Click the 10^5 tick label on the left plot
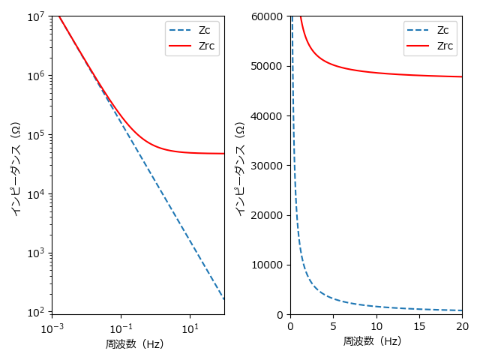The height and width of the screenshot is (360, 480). pyautogui.click(x=36, y=135)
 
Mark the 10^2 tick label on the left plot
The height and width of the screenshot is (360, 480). pyautogui.click(x=36, y=311)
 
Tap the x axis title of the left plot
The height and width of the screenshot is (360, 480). pyautogui.click(x=134, y=344)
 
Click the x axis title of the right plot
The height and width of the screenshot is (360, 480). pyautogui.click(x=372, y=341)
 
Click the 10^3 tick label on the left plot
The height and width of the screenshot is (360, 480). pyautogui.click(x=36, y=253)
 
